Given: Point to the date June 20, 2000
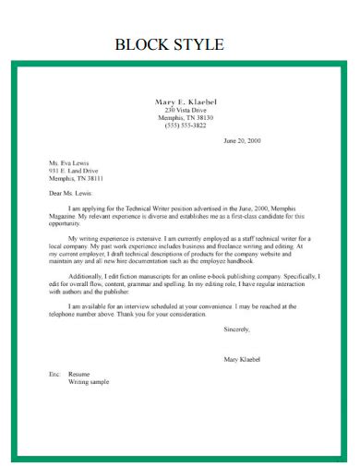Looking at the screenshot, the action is click(x=244, y=141).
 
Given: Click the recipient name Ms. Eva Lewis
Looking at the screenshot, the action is click(x=69, y=162).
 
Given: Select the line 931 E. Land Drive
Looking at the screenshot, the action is click(x=73, y=171).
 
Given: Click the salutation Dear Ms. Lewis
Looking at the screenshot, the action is click(x=75, y=194).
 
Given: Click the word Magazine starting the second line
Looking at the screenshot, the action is click(x=64, y=217).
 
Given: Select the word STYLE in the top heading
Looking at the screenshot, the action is click(x=198, y=44).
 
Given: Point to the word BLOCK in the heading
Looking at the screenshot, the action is click(x=140, y=44).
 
